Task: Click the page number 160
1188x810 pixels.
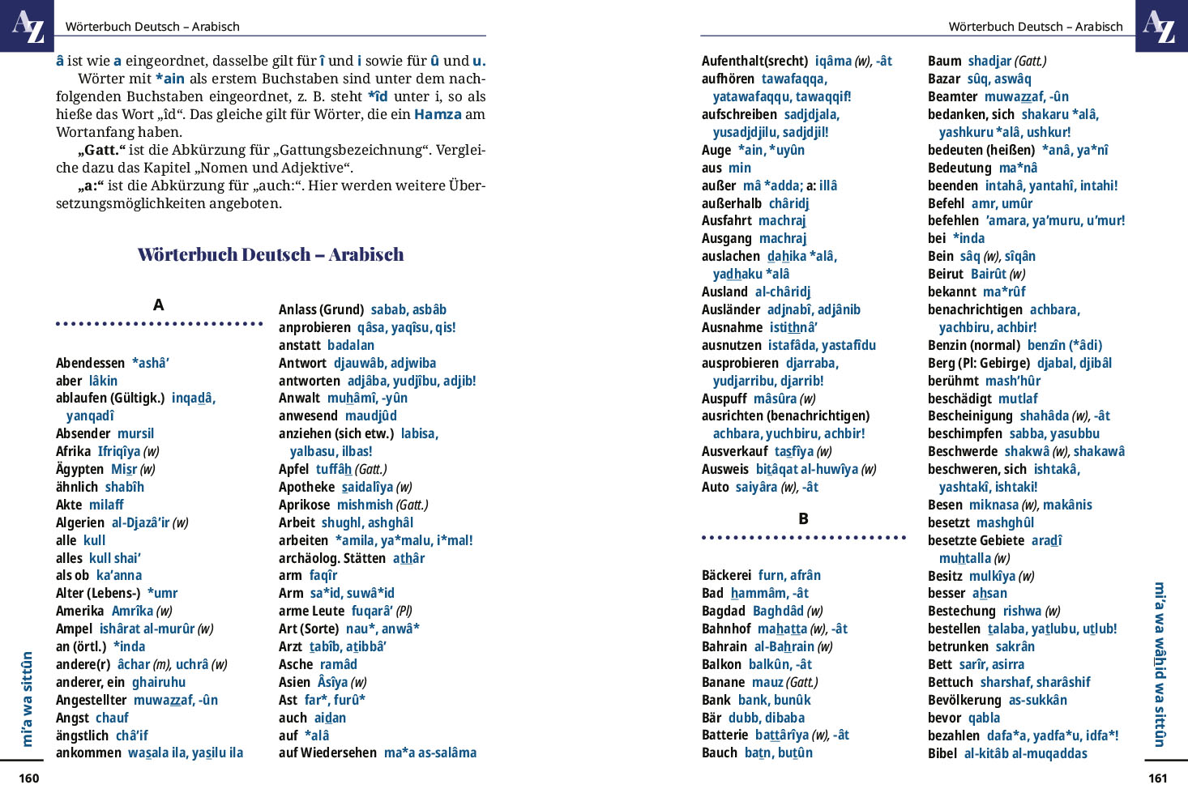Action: tap(28, 778)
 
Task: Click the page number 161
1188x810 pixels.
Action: tap(1158, 778)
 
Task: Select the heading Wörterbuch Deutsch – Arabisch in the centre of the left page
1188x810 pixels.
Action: tap(271, 254)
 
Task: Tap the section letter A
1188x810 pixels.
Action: tap(159, 305)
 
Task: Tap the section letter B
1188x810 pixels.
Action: tap(803, 519)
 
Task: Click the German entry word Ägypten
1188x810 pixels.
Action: tap(79, 469)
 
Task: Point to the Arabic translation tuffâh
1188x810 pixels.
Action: tap(334, 469)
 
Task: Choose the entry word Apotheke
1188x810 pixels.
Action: tap(306, 487)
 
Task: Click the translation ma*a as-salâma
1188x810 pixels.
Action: tap(430, 752)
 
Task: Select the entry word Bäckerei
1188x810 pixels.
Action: tap(726, 575)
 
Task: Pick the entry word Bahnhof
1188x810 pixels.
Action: tap(726, 629)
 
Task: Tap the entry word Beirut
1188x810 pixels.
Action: tap(946, 274)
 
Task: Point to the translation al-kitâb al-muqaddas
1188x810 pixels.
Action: tap(1025, 753)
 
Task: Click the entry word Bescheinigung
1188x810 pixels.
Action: tap(970, 416)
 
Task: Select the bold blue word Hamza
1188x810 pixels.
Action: tap(438, 114)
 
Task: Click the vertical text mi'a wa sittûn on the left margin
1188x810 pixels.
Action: tap(27, 698)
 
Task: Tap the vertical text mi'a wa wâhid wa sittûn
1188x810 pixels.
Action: tap(1160, 664)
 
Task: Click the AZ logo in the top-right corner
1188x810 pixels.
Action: tap(1161, 26)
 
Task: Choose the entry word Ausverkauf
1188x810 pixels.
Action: tap(734, 451)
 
